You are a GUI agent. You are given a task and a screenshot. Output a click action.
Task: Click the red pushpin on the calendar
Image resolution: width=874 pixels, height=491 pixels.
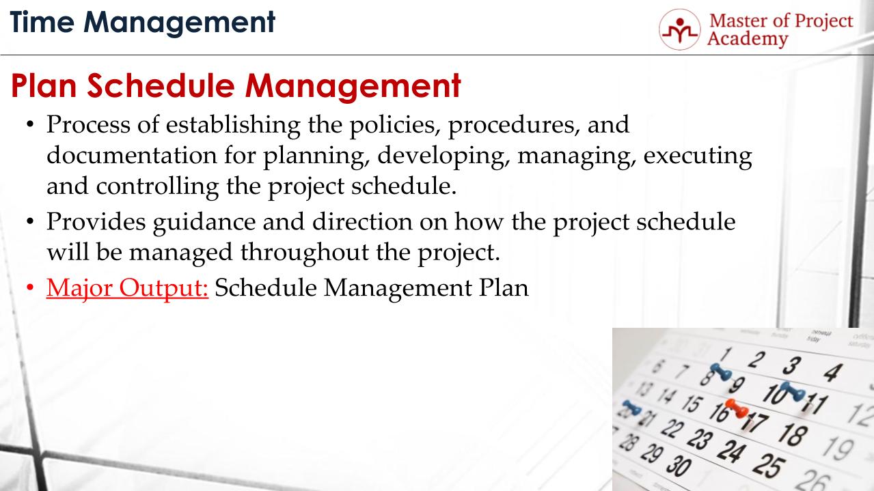(736, 410)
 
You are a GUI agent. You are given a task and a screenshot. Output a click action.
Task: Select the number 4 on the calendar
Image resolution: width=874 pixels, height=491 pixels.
(832, 372)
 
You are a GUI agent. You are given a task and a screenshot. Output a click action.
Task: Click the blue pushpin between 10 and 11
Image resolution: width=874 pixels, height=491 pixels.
(793, 390)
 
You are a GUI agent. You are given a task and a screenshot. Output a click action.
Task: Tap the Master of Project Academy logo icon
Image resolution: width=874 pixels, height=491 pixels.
(679, 29)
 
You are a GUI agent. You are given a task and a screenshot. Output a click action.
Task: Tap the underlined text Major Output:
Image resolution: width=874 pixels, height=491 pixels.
(127, 287)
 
